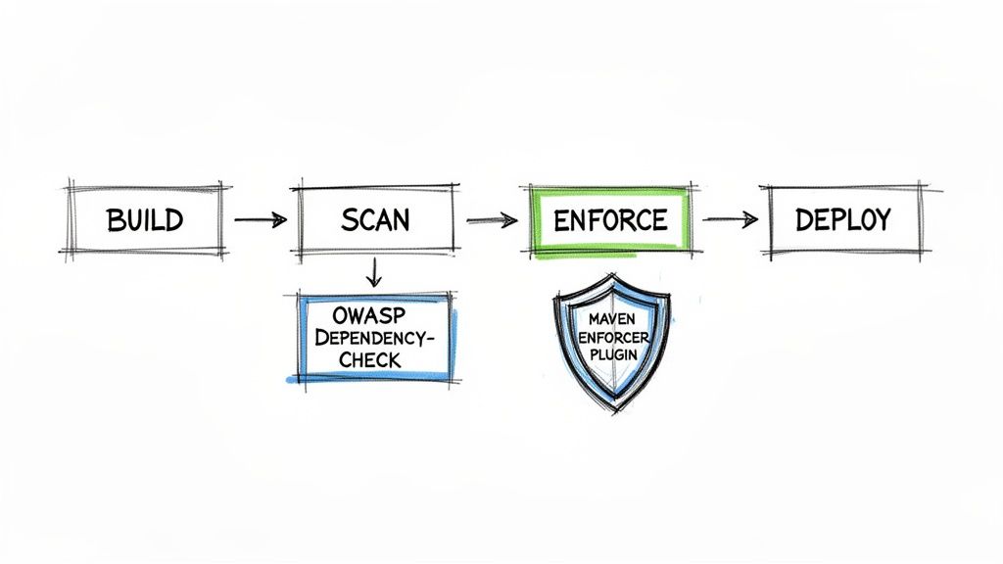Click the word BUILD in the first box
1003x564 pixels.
pos(146,220)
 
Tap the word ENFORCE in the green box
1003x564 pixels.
pos(610,220)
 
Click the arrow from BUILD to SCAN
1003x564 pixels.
pos(260,221)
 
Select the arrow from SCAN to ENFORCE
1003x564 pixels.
pos(492,221)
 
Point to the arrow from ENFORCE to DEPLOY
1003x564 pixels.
pos(730,219)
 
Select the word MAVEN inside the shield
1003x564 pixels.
pos(614,319)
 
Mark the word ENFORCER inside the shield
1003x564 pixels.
pos(614,336)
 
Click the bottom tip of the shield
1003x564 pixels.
pos(614,412)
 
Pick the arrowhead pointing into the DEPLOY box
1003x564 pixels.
pos(752,219)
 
